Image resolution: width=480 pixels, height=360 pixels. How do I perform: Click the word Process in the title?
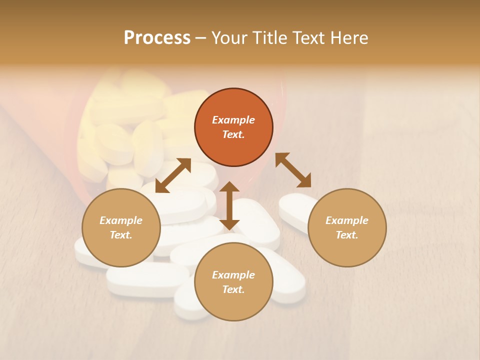point(157,38)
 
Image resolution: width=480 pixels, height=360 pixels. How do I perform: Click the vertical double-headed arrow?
point(229,206)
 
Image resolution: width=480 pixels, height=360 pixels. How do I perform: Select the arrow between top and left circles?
point(173,175)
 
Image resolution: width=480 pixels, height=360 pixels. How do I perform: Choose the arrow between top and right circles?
point(293,170)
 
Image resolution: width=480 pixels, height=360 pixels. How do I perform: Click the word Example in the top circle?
point(233,120)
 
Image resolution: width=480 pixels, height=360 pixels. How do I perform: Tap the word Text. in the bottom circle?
point(233,289)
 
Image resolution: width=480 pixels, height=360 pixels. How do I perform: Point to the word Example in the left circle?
point(121,220)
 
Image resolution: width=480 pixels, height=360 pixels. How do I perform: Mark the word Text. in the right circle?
point(347,235)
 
